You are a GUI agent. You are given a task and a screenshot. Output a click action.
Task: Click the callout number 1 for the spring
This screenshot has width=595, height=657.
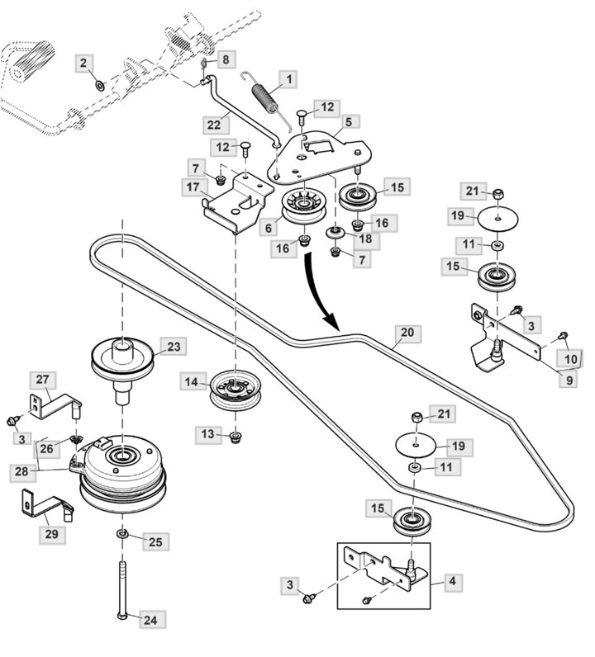click(290, 80)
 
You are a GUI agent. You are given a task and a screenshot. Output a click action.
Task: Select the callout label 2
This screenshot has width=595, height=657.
click(86, 62)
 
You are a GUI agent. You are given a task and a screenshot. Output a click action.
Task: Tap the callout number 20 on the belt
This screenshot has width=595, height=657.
click(407, 333)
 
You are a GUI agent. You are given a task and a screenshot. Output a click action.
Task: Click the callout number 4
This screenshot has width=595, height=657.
click(451, 581)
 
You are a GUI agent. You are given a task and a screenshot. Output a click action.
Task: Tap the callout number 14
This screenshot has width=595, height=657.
click(192, 381)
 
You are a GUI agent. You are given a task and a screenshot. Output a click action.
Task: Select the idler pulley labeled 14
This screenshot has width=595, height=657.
click(236, 389)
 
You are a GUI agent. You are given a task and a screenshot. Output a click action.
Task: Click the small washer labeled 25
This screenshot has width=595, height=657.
click(122, 539)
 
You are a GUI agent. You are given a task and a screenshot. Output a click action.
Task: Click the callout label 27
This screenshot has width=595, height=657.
click(43, 380)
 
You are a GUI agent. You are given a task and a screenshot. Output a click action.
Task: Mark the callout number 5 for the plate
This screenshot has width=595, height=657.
click(348, 121)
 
